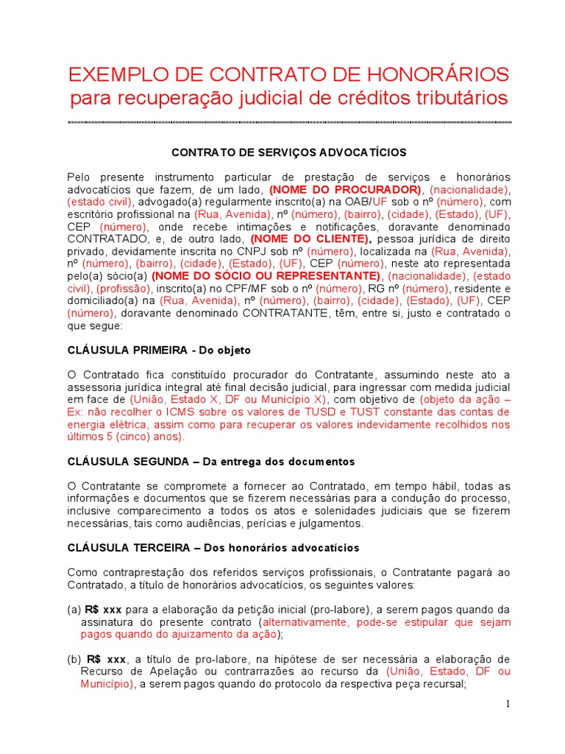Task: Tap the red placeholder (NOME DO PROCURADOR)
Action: click(346, 189)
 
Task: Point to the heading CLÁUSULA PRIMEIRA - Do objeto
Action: click(159, 350)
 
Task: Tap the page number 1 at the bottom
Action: click(508, 705)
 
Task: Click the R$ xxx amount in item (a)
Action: click(103, 610)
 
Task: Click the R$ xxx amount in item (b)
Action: click(106, 659)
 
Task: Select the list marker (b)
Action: click(74, 659)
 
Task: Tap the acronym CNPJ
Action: click(248, 251)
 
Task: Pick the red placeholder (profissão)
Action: click(124, 288)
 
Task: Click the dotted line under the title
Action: click(290, 121)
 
